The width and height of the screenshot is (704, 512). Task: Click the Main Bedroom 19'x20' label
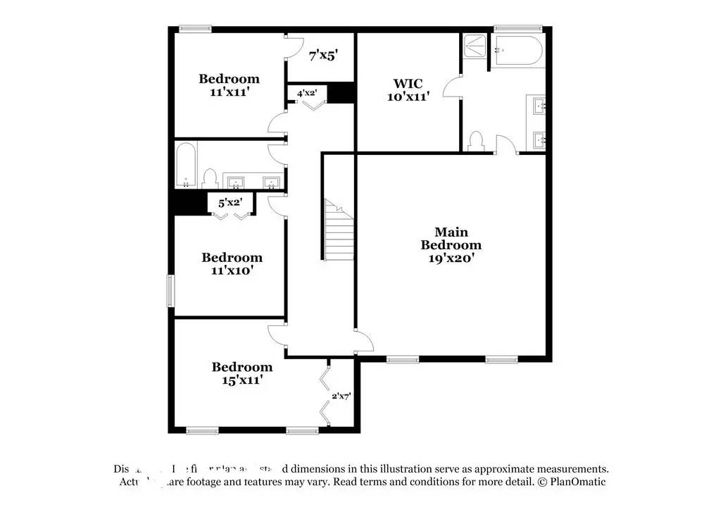[451, 244]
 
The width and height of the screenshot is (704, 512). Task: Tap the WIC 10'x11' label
[408, 90]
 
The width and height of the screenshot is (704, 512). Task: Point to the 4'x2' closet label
[307, 92]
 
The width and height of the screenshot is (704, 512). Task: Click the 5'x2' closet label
[230, 202]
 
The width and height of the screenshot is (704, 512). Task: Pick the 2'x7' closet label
[341, 396]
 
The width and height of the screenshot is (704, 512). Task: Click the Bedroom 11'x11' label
[229, 85]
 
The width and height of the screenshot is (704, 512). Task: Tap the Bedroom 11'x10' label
[232, 263]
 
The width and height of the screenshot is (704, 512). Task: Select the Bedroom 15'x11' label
[241, 373]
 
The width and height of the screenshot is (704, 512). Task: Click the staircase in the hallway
[339, 230]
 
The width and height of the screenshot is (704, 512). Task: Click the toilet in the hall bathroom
[209, 178]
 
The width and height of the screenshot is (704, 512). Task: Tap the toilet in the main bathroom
[476, 141]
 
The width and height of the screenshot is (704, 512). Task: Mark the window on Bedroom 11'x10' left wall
[170, 290]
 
